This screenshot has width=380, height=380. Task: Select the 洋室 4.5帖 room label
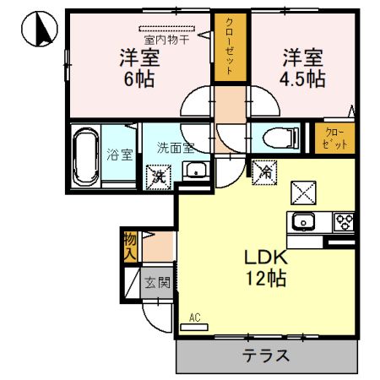[x=303, y=68]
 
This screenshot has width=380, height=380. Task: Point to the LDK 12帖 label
[x=267, y=268]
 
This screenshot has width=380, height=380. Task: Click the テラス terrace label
[x=266, y=355]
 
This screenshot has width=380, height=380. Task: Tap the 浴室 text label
[x=119, y=155]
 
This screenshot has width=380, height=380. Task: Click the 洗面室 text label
[x=175, y=147]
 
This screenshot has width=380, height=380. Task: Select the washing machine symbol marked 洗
[x=157, y=176]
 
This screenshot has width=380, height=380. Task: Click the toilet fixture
[x=276, y=137]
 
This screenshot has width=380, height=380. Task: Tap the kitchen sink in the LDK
[x=303, y=223]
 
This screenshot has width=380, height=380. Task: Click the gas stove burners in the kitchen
[x=345, y=223]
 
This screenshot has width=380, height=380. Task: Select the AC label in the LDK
[x=193, y=318]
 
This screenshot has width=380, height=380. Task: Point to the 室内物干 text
[x=166, y=38]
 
